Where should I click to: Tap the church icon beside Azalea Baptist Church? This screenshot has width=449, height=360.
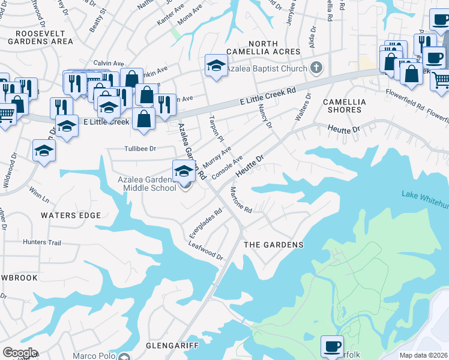pos(318,68)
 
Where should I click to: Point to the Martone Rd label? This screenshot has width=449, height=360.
pos(241,200)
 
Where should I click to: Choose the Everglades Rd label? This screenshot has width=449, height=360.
pos(206,221)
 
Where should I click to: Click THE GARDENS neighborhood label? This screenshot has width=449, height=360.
pos(273,245)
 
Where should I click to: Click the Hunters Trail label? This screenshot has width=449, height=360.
pos(42,242)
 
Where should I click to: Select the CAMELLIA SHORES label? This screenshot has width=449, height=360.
pos(342,106)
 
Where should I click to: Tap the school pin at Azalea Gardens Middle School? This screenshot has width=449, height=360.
pos(183,170)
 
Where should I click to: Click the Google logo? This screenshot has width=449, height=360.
pos(20,353)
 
